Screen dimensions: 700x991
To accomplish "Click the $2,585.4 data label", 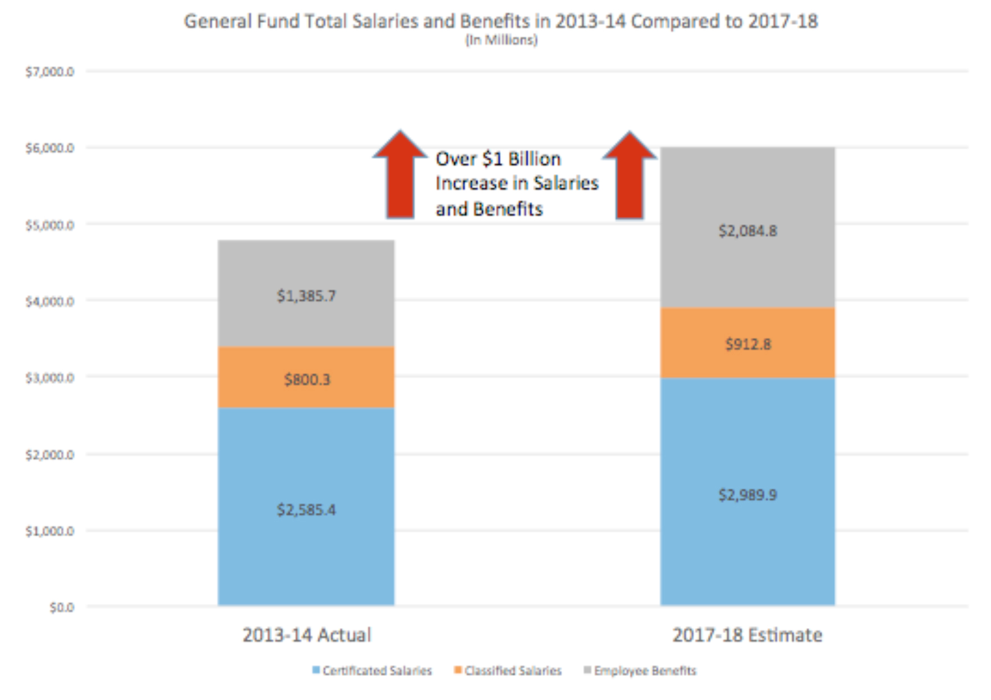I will [x=306, y=509].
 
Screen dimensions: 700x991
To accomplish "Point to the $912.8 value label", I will [x=748, y=344].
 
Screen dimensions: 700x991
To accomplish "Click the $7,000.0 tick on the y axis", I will [x=49, y=72].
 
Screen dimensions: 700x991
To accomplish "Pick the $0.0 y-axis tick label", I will [x=61, y=607].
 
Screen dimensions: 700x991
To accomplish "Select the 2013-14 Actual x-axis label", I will [x=306, y=635].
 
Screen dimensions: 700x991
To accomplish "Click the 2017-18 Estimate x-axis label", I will [x=747, y=635].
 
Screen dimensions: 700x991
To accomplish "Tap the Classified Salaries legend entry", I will [x=508, y=671].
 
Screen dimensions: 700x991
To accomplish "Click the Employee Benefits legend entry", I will [x=640, y=671].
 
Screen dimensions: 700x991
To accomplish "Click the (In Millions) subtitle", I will [x=501, y=40].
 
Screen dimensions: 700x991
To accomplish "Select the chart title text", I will [x=501, y=21].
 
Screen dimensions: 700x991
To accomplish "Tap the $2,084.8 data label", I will [x=748, y=231].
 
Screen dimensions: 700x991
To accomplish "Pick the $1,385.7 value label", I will [x=306, y=296].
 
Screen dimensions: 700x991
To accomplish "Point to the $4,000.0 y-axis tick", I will [x=49, y=301].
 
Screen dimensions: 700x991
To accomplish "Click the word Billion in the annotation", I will [x=534, y=159].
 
